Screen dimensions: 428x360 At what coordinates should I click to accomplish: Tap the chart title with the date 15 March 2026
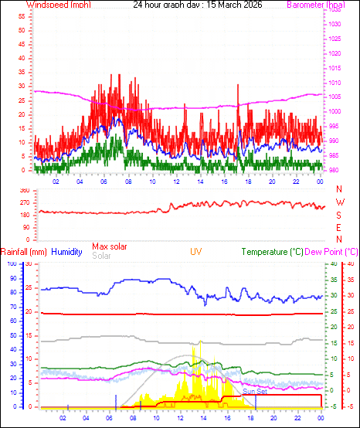click(x=197, y=5)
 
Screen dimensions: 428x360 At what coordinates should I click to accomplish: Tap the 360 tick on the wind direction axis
click(x=23, y=190)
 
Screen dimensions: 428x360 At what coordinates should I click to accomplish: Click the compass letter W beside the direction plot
click(x=339, y=202)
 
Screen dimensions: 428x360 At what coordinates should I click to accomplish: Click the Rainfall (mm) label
click(x=24, y=252)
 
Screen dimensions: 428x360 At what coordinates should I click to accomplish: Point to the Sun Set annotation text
click(x=253, y=392)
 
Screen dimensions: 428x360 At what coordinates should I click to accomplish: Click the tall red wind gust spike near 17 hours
click(x=238, y=85)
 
